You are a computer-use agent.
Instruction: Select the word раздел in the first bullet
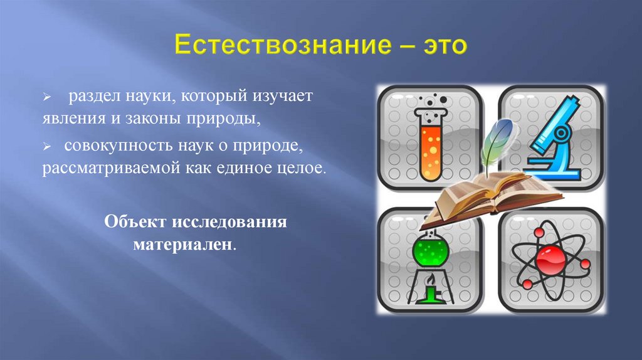[x=92, y=98]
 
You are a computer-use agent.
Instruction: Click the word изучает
[x=288, y=98]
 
